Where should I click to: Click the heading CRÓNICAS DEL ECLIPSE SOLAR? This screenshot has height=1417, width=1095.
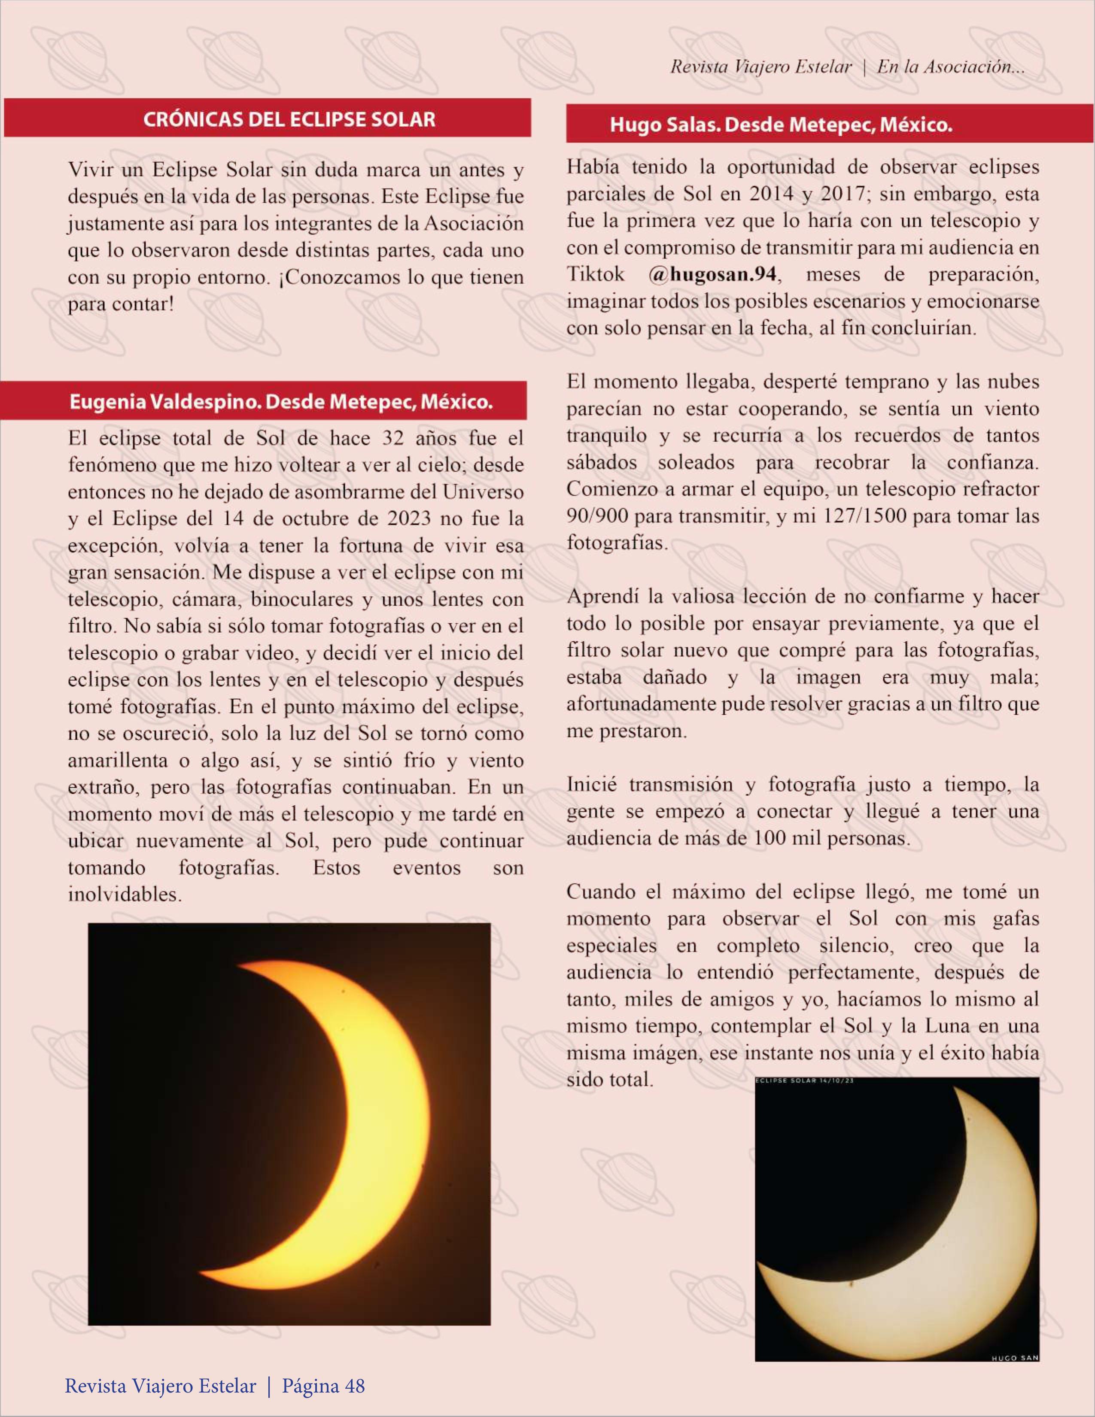289,119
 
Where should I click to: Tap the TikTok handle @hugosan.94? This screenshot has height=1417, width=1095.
713,274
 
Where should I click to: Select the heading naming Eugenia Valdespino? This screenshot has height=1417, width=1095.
281,402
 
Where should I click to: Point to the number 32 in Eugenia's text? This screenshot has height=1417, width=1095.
392,439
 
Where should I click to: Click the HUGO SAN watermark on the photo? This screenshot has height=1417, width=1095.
1015,1357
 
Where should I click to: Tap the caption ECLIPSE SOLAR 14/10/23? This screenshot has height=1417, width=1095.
804,1081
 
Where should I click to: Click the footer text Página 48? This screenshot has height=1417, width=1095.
322,1387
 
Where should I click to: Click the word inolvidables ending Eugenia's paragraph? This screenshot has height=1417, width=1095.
125,895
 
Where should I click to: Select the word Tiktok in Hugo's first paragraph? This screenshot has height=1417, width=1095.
595,274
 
